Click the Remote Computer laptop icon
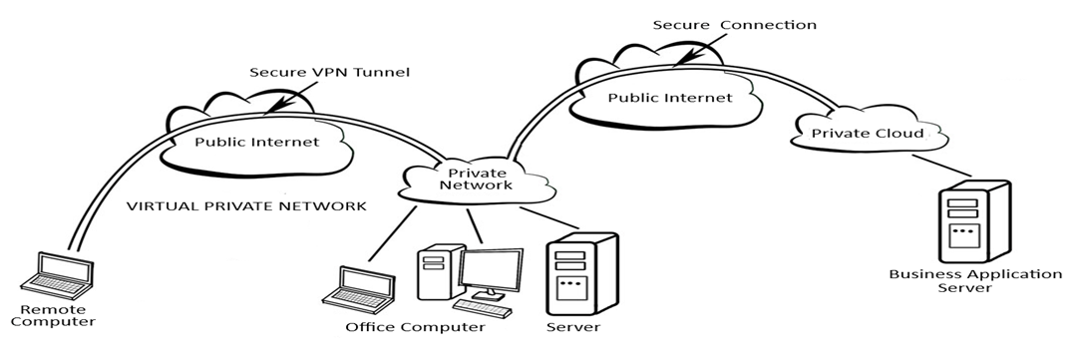(58, 274)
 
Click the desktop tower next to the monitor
(435, 274)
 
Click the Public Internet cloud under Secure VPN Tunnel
(256, 141)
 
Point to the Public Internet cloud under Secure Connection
(669, 98)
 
